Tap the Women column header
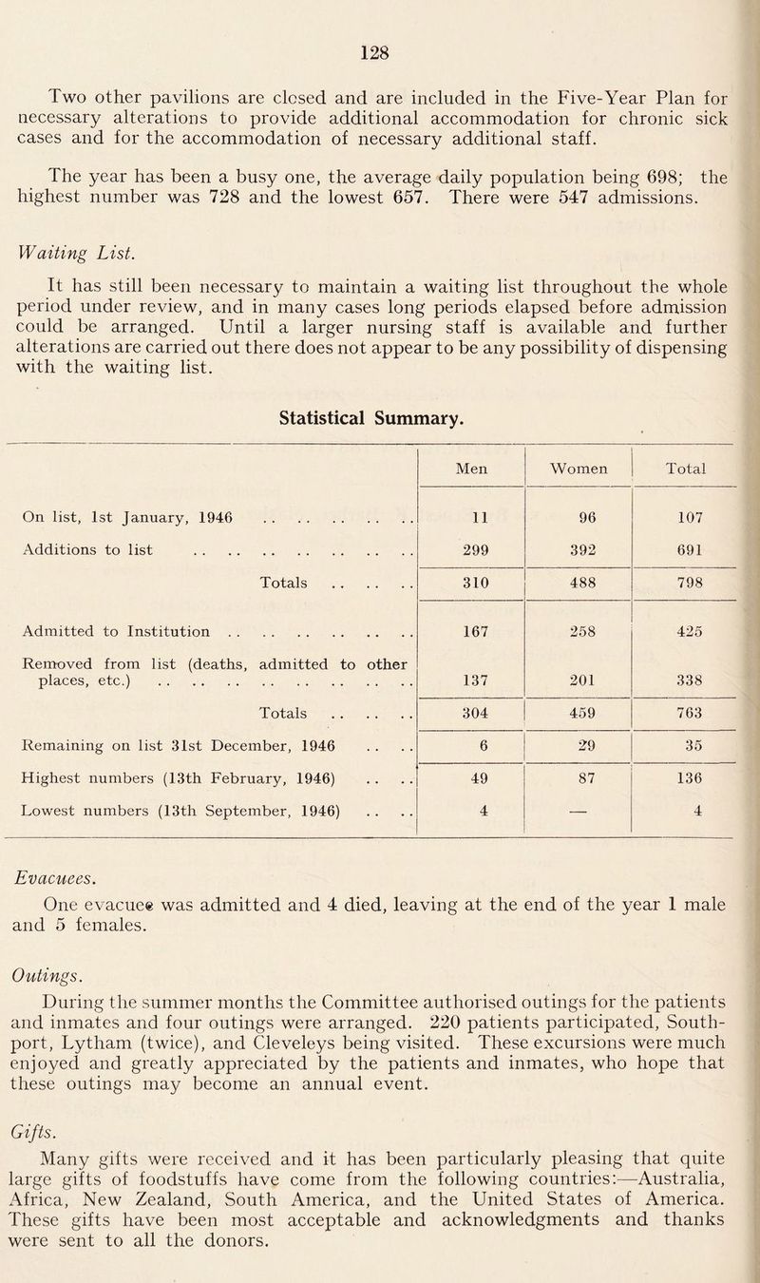pyautogui.click(x=579, y=468)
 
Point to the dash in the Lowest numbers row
pyautogui.click(x=579, y=814)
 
